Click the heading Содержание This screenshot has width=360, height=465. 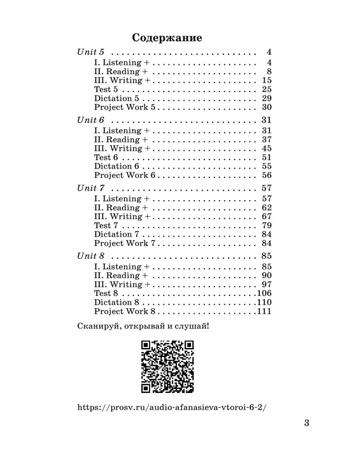167,38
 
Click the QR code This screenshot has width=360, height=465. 167,366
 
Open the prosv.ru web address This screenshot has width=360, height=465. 172,407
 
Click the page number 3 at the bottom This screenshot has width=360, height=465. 306,424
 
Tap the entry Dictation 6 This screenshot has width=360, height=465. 116,166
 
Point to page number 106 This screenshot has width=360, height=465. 264,293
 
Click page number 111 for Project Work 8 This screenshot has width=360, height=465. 264,311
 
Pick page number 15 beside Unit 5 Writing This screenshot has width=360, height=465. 266,80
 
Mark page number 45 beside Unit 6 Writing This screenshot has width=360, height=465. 266,149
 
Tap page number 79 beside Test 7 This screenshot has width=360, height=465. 266,226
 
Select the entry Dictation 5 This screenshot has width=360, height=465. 116,98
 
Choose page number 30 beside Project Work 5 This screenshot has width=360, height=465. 266,108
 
